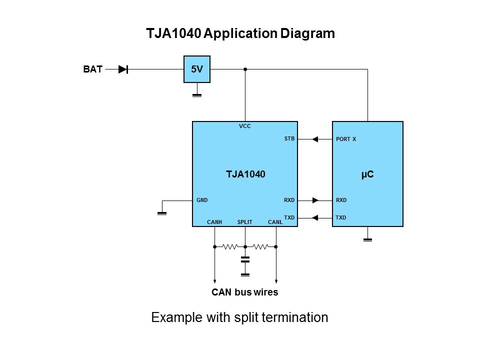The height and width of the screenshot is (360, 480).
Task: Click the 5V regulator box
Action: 197,69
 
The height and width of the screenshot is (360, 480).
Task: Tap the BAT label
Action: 92,69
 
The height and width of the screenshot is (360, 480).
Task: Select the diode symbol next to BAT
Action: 123,69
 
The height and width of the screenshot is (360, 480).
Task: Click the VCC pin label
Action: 244,126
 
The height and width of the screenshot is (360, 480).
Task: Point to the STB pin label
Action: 289,139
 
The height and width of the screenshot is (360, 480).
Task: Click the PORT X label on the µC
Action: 346,139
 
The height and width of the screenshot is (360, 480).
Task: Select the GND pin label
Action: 202,200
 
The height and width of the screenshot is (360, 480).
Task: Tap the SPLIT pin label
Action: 244,222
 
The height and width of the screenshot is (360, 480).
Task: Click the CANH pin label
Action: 214,222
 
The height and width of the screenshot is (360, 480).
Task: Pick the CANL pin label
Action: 275,222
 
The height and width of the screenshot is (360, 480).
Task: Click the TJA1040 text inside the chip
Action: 245,174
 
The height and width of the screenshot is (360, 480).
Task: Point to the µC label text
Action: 367,174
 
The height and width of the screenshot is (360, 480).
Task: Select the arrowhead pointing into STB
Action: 315,139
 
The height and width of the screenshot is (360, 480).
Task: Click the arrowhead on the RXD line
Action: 315,200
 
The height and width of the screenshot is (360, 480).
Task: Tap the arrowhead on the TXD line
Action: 315,217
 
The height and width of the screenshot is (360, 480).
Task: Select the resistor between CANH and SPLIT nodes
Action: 230,246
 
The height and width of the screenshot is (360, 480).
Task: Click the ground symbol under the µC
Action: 367,239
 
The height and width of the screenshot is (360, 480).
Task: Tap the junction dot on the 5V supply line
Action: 245,69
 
